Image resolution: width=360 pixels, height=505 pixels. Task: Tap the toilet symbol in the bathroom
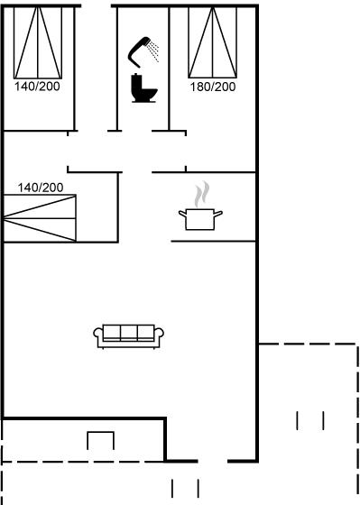[143, 88]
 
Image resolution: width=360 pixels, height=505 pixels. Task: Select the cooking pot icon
[200, 219]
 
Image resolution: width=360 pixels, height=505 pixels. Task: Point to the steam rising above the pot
[202, 194]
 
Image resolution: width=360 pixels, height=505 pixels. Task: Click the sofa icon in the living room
[129, 336]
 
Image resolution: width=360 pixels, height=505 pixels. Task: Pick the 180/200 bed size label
[213, 87]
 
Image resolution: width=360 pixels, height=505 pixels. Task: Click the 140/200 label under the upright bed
[37, 87]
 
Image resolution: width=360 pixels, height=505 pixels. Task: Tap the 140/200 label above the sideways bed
[41, 188]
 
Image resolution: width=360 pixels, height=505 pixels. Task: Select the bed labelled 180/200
[213, 42]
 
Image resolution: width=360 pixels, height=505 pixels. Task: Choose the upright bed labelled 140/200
[38, 42]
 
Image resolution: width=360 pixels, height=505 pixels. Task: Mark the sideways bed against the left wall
[40, 218]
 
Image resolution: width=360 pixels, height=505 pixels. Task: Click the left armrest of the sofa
[98, 335]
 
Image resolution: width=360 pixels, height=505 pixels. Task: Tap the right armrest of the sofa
[159, 335]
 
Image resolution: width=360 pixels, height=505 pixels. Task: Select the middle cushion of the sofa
[129, 333]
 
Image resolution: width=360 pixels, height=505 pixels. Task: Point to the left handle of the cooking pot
[183, 214]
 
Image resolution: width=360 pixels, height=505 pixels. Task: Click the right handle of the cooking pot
[218, 214]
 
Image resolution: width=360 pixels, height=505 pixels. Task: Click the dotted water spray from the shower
[153, 50]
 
